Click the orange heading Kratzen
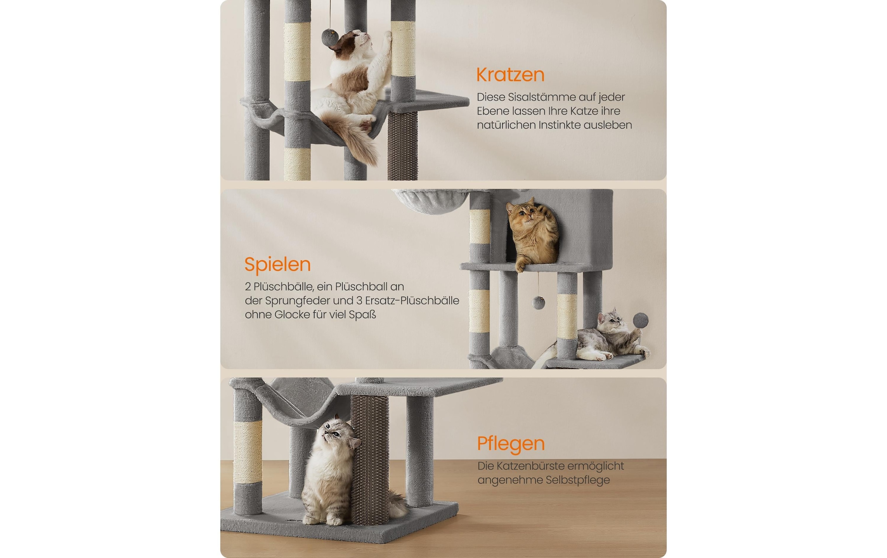point(510,75)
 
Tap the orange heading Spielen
point(277,265)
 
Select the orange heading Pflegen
point(511,444)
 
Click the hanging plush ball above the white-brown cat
point(330,37)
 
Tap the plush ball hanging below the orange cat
point(538,303)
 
